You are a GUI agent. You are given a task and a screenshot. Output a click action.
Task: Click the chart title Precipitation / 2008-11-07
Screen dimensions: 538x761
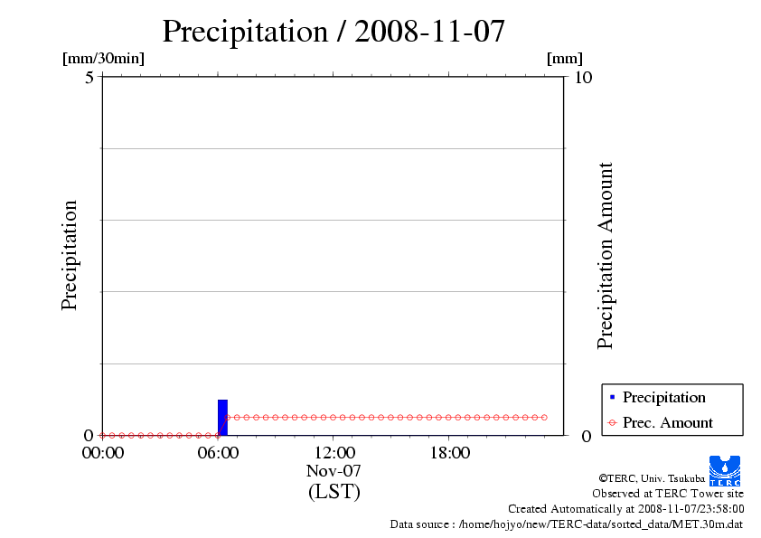pyautogui.click(x=334, y=32)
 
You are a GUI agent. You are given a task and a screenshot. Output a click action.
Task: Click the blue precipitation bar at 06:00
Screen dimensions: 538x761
pyautogui.click(x=222, y=417)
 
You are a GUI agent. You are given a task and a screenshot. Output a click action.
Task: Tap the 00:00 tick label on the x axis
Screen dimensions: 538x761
pyautogui.click(x=102, y=453)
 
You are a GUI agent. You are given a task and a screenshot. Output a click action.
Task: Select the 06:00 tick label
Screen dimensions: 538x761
pyautogui.click(x=218, y=453)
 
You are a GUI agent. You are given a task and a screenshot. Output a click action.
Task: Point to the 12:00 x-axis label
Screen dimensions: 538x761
pyautogui.click(x=334, y=453)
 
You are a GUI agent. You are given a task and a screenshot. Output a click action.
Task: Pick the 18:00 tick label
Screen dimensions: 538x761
pyautogui.click(x=449, y=453)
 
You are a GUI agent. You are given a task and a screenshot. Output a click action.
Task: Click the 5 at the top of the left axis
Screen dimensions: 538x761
pyautogui.click(x=89, y=77)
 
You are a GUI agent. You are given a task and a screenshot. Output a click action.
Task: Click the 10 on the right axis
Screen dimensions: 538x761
pyautogui.click(x=583, y=77)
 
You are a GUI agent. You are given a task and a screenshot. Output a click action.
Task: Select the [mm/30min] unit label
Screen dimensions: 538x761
pyautogui.click(x=103, y=59)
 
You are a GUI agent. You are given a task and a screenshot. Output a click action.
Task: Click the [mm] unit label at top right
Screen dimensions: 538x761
pyautogui.click(x=565, y=59)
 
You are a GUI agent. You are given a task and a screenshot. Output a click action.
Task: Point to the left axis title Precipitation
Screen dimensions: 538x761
pyautogui.click(x=70, y=256)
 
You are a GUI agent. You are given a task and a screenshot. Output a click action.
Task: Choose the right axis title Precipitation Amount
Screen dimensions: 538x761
pyautogui.click(x=606, y=256)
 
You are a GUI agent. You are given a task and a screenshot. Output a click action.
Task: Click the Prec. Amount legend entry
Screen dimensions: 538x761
pyautogui.click(x=667, y=422)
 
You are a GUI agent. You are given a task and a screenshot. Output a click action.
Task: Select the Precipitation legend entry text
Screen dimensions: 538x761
pyautogui.click(x=663, y=397)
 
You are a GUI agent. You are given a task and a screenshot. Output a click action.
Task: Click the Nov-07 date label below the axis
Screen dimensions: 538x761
pyautogui.click(x=334, y=471)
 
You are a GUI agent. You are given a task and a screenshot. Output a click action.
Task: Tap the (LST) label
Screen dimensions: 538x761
pyautogui.click(x=334, y=492)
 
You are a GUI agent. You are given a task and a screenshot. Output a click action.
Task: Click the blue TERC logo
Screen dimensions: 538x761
pyautogui.click(x=725, y=470)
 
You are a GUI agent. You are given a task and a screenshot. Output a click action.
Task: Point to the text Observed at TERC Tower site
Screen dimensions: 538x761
pyautogui.click(x=668, y=494)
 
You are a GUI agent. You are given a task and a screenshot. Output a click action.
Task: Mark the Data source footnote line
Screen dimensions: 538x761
pyautogui.click(x=567, y=524)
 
